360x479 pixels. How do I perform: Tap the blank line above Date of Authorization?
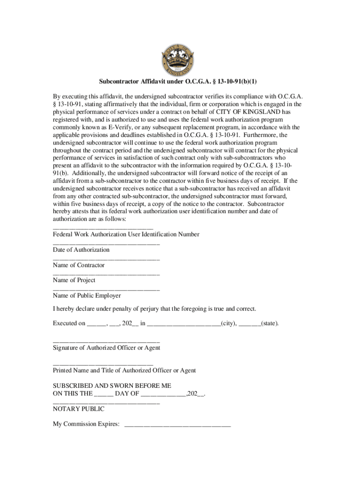[x=106, y=243]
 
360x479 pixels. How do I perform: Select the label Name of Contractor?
[x=79, y=265]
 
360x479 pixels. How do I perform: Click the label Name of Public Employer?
[x=87, y=296]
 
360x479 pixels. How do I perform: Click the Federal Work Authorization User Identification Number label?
[x=126, y=234]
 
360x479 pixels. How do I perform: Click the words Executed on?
[x=69, y=324]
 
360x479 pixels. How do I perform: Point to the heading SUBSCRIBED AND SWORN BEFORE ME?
[x=112, y=386]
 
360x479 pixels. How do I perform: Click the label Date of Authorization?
[x=81, y=250]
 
